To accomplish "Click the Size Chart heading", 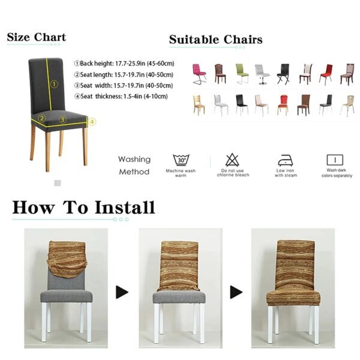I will (x=36, y=37).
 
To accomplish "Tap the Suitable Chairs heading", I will (x=215, y=40).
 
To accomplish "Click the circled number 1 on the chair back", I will (x=53, y=85).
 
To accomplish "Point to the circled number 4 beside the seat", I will (x=92, y=122).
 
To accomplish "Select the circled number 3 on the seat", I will (x=62, y=119).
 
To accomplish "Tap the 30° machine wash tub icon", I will (x=181, y=160).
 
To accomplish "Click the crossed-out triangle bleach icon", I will (x=232, y=160).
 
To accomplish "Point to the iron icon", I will (x=285, y=160).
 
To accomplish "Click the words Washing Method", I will (x=134, y=166).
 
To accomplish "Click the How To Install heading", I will (x=83, y=208).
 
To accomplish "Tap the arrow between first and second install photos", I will (x=122, y=292).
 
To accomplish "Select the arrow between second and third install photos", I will (x=236, y=292).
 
